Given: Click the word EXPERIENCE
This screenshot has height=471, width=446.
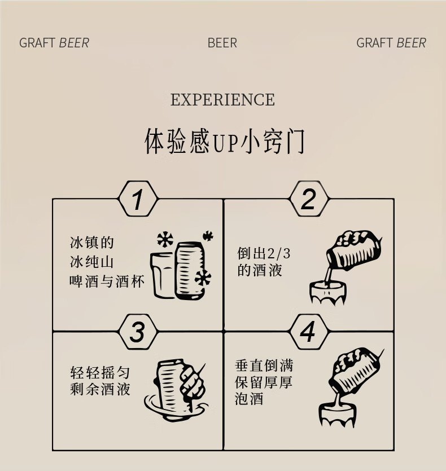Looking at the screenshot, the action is point(222,100).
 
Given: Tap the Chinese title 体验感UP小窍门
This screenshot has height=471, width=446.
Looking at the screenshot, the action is point(224,141).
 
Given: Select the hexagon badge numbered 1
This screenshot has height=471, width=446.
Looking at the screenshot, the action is point(137,199).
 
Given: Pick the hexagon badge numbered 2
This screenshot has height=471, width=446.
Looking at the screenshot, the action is point(308,199).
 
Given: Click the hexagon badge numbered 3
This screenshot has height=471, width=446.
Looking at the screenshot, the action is point(137,332).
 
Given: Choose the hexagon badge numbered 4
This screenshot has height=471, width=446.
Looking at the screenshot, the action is point(308,332).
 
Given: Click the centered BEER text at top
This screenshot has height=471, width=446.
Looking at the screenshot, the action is point(222,43).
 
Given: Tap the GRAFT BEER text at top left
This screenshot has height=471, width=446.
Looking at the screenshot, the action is point(54,43).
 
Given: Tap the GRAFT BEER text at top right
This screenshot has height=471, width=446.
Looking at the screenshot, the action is point(391,43).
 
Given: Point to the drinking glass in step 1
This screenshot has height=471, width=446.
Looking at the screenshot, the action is point(163,275).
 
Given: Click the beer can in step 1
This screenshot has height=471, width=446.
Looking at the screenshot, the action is point(189,270).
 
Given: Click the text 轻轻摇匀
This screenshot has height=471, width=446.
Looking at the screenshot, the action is point(100,373).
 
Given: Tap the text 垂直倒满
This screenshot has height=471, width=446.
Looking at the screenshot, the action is point(264,365).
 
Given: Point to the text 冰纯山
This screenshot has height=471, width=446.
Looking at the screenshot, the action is point(92,262).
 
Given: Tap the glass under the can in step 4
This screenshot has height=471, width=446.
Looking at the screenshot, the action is point(336,416).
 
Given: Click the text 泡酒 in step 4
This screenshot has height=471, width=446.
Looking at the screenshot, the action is point(249,399).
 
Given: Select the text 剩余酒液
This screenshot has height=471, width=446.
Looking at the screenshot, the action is point(100,389).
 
